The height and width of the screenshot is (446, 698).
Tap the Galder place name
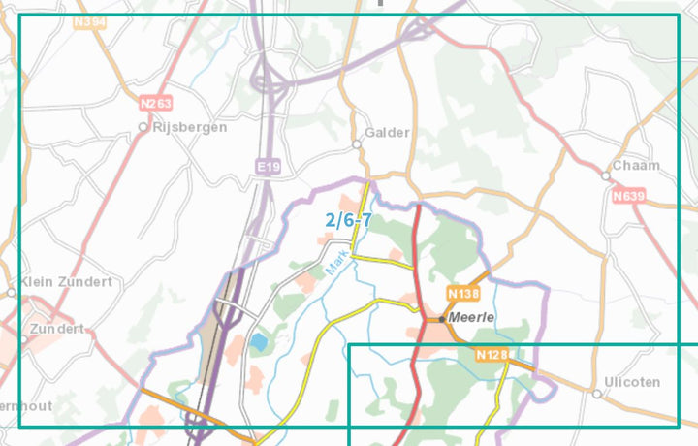point(387,133)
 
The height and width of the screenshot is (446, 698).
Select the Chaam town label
point(636,165)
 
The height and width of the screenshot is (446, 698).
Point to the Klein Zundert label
point(66,281)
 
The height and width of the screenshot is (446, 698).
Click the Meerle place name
point(473,317)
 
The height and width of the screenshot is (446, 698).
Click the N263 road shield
point(154,104)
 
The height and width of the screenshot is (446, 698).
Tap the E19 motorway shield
point(269,168)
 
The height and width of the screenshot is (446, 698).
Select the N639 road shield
point(629,196)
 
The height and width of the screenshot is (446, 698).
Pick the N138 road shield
point(463,292)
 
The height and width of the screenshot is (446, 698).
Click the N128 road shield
point(492,355)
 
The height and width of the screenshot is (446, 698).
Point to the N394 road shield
point(88,20)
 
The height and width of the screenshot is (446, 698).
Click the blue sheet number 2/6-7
point(348,220)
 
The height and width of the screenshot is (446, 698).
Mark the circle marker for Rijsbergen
point(143,127)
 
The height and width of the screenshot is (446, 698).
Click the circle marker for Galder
point(357,144)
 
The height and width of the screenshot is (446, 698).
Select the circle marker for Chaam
point(605,176)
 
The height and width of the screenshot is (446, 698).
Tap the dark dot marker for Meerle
point(442,318)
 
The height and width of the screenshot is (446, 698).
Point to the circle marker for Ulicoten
point(596,394)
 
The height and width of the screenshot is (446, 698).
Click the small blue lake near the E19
point(258,342)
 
